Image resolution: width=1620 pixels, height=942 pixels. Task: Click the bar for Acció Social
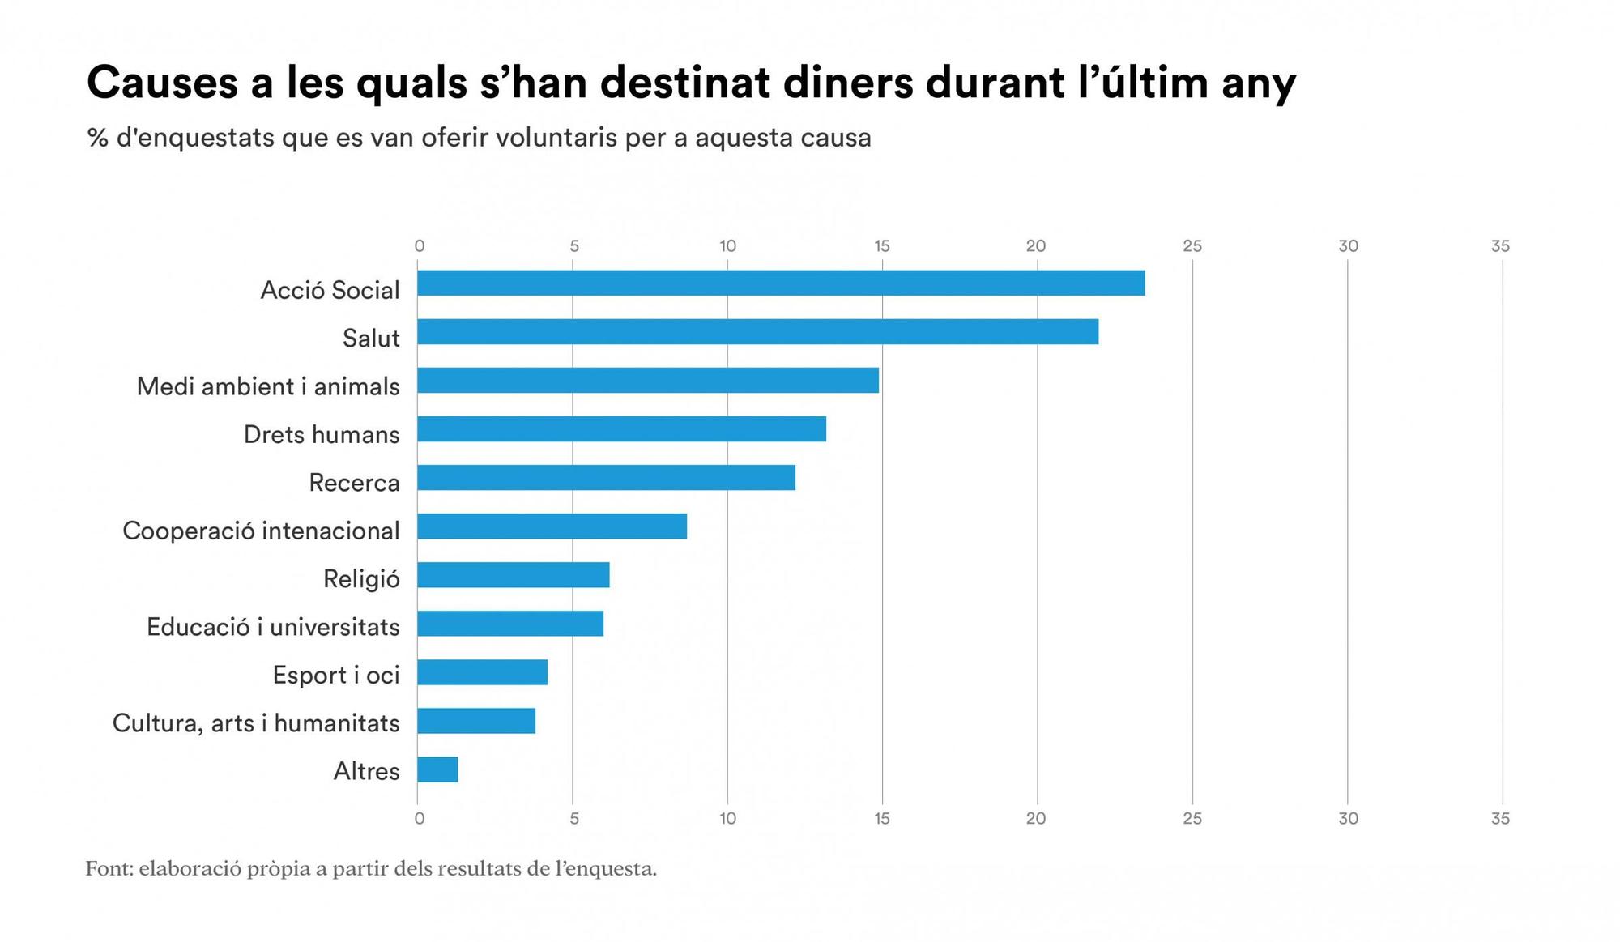coord(781,283)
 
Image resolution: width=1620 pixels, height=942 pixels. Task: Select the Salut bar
coord(757,332)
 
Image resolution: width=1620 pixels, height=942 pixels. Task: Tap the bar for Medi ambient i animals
coord(648,381)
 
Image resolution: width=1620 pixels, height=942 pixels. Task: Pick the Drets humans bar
coord(621,429)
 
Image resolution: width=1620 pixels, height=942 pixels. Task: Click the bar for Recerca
coord(606,478)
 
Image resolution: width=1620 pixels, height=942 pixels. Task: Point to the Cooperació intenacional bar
coord(552,526)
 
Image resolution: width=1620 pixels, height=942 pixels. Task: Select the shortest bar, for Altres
coord(437,769)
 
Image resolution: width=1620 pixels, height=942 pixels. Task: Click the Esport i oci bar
coord(482,672)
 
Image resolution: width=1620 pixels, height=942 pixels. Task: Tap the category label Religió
coord(361,579)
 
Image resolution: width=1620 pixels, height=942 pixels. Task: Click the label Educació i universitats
coord(273,627)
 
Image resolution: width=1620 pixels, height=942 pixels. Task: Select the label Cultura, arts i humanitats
coord(256,723)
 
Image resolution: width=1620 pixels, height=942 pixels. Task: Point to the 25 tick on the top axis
coord(1192,246)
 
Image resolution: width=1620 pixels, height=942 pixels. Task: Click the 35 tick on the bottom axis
coord(1500,819)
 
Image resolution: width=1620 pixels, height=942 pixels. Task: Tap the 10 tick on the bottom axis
coord(727,819)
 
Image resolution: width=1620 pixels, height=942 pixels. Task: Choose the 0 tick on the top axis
coord(419,246)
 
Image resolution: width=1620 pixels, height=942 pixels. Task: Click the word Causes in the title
coord(162,83)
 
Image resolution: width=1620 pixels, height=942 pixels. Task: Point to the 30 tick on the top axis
coord(1348,246)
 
